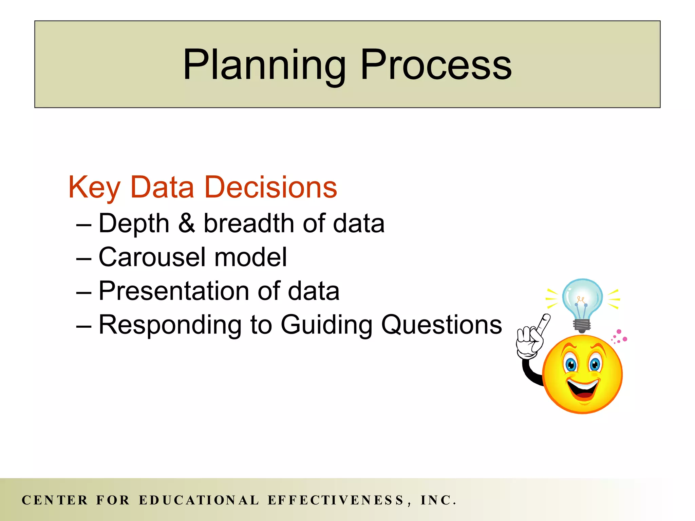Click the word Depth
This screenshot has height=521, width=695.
(134, 224)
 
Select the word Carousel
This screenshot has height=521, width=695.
(152, 257)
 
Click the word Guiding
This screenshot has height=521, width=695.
(326, 325)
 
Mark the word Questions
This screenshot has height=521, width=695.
(441, 325)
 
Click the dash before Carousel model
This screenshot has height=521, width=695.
(84, 259)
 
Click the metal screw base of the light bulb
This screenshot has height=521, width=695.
(582, 326)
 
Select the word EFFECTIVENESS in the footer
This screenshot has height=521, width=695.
(336, 500)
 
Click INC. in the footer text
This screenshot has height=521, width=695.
(438, 500)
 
